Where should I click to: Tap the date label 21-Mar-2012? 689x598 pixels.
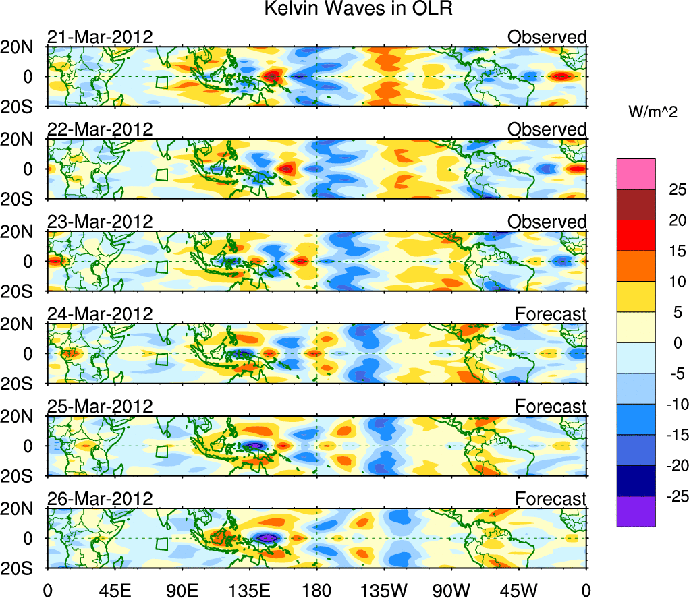pyautogui.click(x=99, y=37)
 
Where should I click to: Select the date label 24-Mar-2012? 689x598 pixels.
pyautogui.click(x=99, y=313)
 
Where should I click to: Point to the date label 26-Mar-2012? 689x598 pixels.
pyautogui.click(x=99, y=498)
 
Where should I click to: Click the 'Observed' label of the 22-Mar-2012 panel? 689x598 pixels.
pyautogui.click(x=547, y=129)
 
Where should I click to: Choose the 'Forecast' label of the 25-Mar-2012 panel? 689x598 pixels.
pyautogui.click(x=551, y=407)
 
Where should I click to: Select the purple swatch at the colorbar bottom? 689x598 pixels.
pyautogui.click(x=636, y=511)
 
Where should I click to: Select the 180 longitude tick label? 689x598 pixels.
pyautogui.click(x=317, y=589)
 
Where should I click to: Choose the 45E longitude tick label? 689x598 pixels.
pyautogui.click(x=114, y=589)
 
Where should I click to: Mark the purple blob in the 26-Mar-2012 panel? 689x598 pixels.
pyautogui.click(x=267, y=538)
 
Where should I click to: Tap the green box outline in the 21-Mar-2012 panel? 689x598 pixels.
pyautogui.click(x=161, y=82)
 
